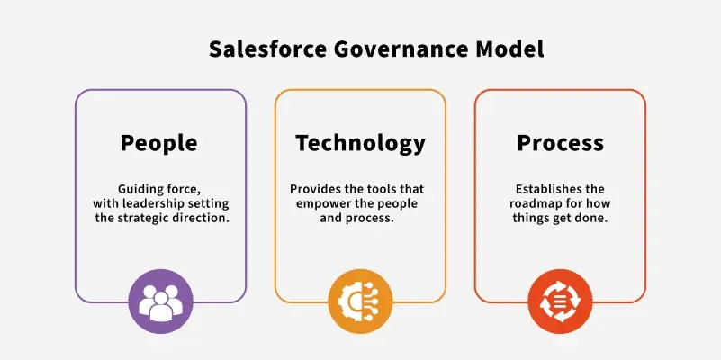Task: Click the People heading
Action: click(x=158, y=143)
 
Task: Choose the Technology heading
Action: click(x=360, y=143)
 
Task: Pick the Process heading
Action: click(x=560, y=142)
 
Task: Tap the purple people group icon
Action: click(x=160, y=301)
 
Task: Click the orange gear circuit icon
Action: click(x=360, y=301)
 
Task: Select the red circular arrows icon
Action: click(x=560, y=301)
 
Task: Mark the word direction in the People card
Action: click(x=207, y=218)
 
